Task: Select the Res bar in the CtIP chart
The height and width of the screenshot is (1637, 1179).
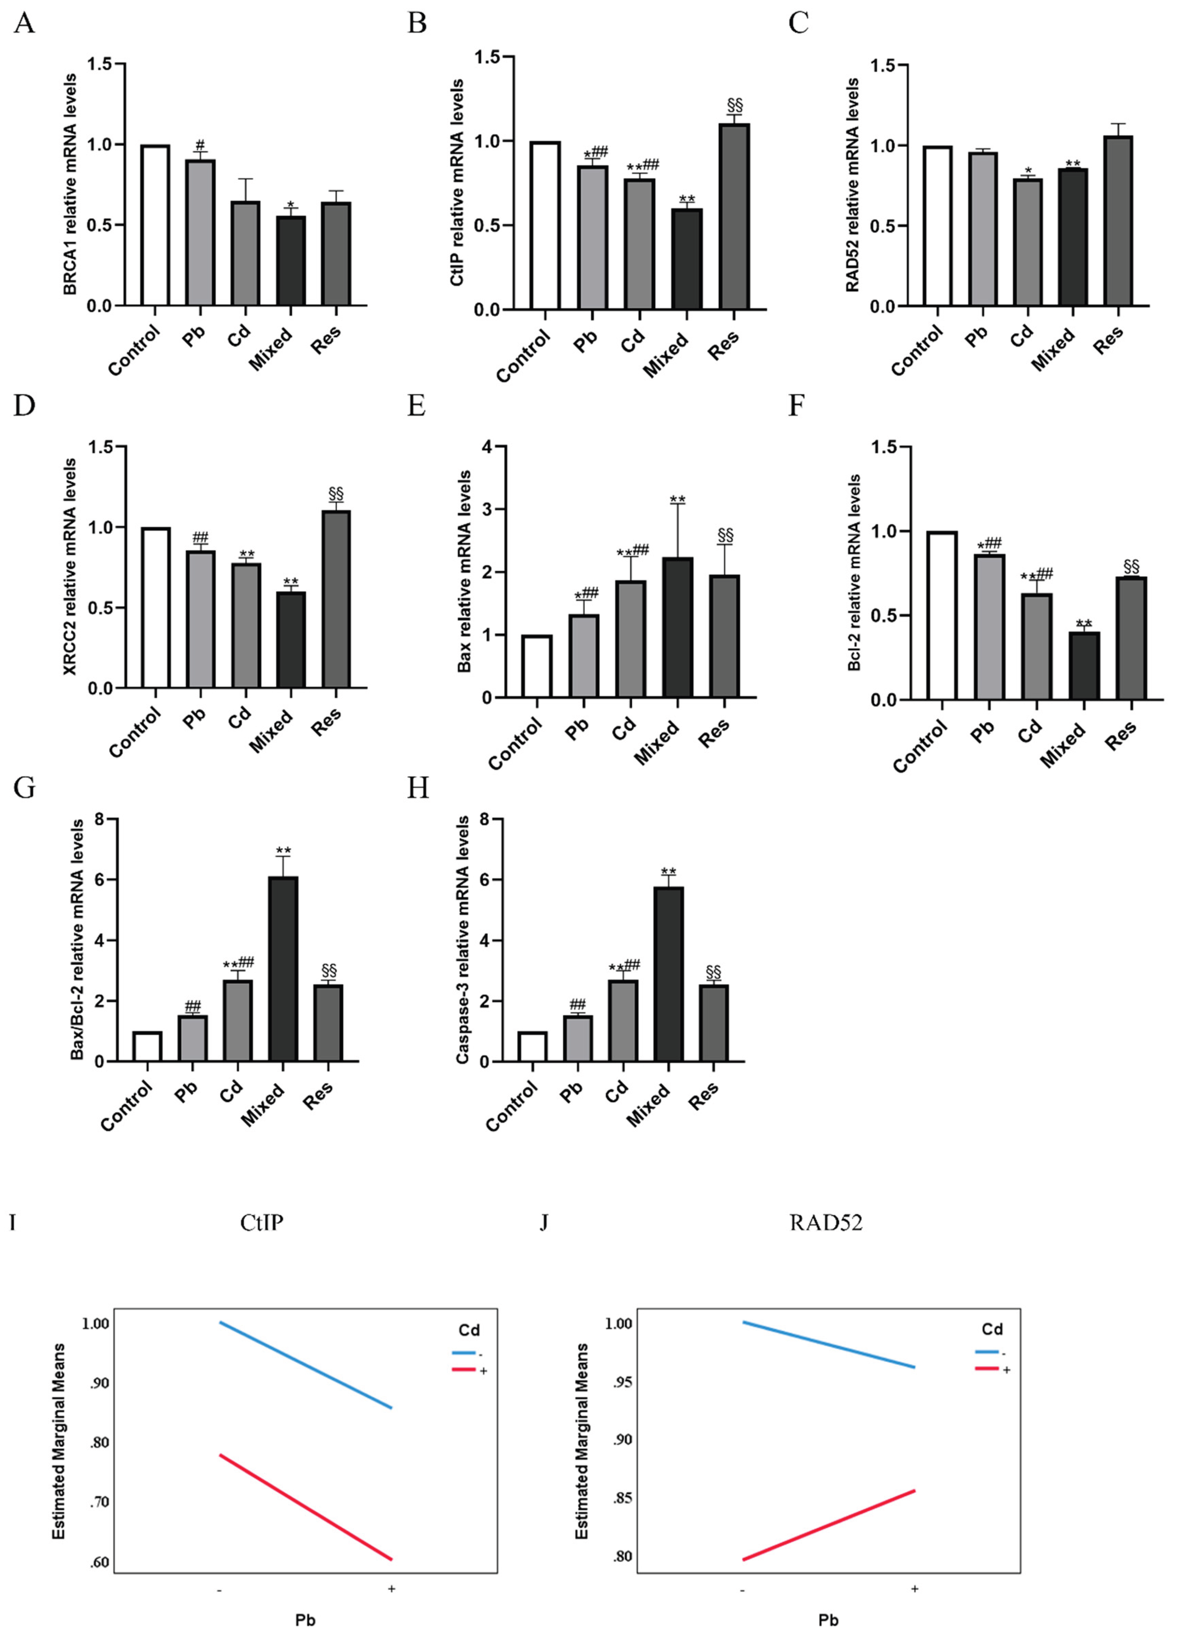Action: tap(734, 216)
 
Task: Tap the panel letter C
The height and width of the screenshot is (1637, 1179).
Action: tap(798, 23)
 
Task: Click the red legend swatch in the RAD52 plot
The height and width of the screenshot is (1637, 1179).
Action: tap(986, 1369)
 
